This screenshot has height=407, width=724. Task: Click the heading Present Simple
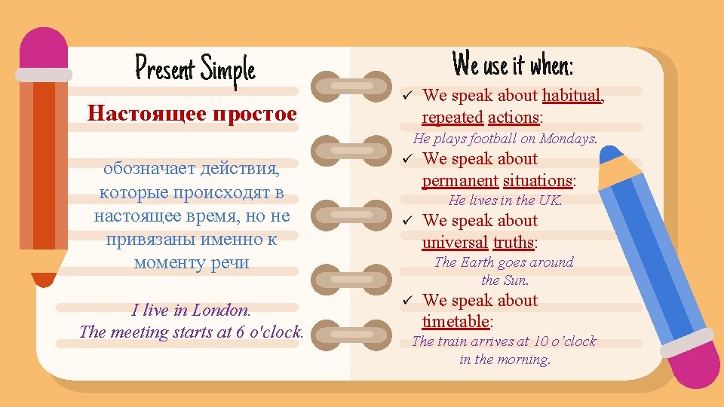(195, 70)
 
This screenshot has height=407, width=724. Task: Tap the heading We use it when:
(513, 65)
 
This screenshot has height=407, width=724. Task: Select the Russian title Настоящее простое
(192, 114)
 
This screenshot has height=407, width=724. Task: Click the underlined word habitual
(572, 96)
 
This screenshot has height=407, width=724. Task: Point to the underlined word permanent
(459, 181)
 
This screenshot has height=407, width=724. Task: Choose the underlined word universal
(455, 243)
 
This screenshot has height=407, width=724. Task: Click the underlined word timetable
(456, 322)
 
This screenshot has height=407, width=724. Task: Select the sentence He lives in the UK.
(505, 200)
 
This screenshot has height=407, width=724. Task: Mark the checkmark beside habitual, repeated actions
(406, 96)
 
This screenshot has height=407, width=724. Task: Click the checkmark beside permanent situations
(406, 160)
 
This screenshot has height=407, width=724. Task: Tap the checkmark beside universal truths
(406, 222)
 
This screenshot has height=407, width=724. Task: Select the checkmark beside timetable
(406, 301)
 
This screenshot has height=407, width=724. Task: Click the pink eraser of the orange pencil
(44, 49)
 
